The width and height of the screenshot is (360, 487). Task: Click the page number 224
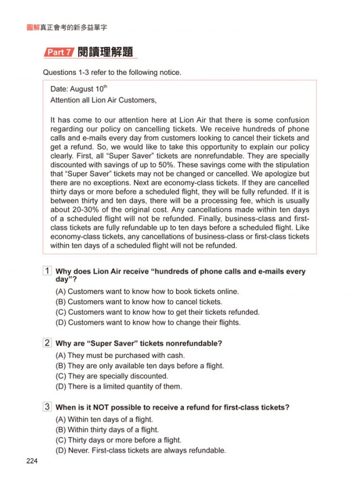tap(31, 462)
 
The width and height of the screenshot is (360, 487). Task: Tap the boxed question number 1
tap(48, 271)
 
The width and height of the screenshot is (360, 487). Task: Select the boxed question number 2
tap(48, 343)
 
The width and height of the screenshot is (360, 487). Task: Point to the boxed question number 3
tap(48, 407)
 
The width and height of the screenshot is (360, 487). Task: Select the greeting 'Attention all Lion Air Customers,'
tap(104, 100)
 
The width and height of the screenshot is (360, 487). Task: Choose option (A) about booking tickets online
tap(147, 291)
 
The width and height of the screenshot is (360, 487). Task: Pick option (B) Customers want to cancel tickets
tap(139, 302)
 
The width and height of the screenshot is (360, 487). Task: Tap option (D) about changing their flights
tap(148, 322)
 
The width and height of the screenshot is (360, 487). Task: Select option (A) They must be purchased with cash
tap(120, 356)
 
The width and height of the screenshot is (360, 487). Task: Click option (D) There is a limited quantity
tap(119, 387)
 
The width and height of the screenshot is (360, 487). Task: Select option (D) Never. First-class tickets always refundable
tap(141, 450)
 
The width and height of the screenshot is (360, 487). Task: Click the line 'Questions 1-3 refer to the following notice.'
tap(112, 73)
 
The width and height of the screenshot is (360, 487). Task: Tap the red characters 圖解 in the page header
tap(25, 27)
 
